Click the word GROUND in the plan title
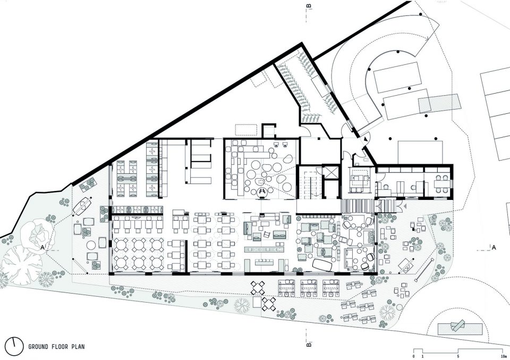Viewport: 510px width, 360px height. point(38,347)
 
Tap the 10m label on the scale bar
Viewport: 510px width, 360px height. point(505,356)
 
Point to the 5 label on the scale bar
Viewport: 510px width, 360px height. point(458,356)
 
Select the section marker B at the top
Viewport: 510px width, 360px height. point(309,5)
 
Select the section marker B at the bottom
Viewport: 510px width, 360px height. point(309,344)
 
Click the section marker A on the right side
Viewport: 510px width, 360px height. point(494,248)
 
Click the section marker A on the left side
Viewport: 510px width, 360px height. point(42,248)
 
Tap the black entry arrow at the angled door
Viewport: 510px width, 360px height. point(366,139)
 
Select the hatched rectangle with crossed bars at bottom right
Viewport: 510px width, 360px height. point(460,329)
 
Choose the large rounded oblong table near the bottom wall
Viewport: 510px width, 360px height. point(322,265)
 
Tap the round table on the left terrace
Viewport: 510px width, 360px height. point(91,245)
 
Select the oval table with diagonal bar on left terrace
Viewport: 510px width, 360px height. point(83,205)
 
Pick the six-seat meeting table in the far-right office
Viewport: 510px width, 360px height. point(442,184)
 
